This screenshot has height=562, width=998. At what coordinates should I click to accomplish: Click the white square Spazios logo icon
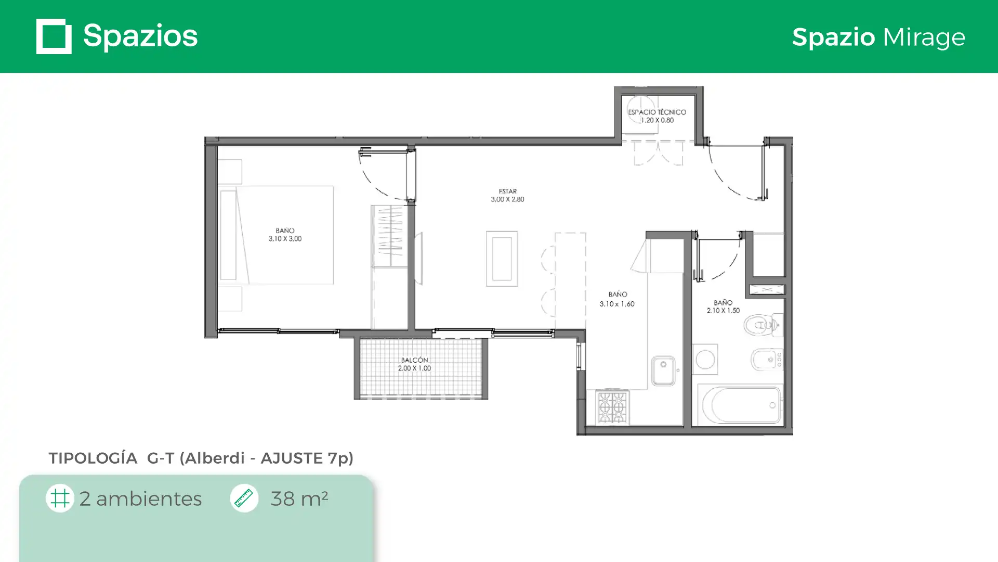pos(54,36)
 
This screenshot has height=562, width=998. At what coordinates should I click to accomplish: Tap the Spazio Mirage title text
pos(878,37)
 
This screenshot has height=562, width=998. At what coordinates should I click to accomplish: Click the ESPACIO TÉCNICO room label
pos(657,116)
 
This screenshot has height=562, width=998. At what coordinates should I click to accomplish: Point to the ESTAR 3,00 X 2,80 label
pos(507,195)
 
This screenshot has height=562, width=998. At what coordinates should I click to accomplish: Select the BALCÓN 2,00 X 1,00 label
pos(414,364)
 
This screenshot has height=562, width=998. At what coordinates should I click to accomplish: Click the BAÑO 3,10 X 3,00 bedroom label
pos(285,235)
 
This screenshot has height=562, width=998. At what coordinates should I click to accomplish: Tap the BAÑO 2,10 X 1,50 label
pos(723,306)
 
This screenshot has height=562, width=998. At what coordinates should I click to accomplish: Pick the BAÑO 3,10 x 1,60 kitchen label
pos(617,299)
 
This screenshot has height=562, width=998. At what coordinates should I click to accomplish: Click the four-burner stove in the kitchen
pos(612,407)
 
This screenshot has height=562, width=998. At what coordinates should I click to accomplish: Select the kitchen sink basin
pos(663,371)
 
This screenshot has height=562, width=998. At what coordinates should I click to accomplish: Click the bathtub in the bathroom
pos(740,405)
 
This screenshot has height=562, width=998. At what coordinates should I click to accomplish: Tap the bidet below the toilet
pos(767,359)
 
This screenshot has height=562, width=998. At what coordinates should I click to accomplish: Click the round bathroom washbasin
pos(705,360)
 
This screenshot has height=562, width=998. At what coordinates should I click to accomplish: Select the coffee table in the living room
pos(502,259)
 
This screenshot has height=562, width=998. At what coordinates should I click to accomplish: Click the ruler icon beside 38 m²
pos(244,498)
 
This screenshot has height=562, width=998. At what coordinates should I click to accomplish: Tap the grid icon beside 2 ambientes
pos(60,498)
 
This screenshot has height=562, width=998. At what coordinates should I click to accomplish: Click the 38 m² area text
pos(299,499)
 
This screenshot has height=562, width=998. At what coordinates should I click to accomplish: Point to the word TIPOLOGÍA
pos(93,458)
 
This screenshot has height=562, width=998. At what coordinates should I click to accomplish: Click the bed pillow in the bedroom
pos(228,235)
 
